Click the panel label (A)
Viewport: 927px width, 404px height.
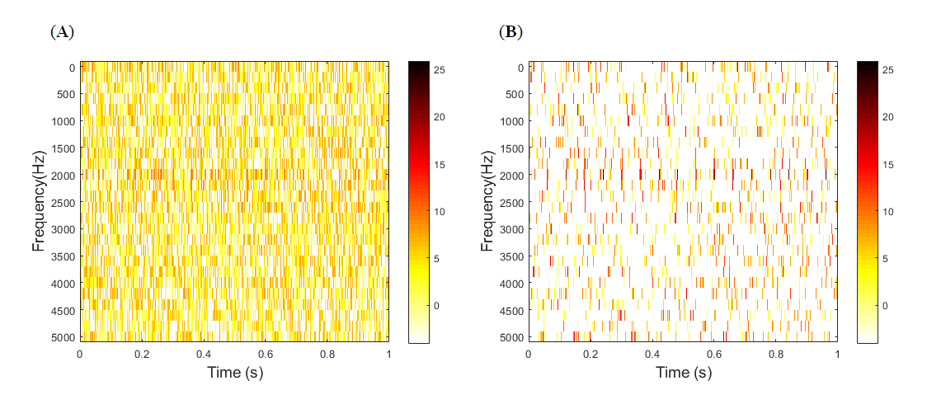pos(62,32)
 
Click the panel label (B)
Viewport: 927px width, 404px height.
pos(511,32)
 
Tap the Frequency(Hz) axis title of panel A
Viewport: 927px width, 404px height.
pos(38,201)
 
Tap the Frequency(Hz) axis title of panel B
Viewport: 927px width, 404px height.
pos(487,201)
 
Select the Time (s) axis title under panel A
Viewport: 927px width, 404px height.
pos(234,373)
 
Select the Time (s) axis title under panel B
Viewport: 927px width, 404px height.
pos(683,373)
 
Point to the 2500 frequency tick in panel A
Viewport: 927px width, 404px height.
pos(63,203)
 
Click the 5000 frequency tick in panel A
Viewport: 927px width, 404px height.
pos(63,337)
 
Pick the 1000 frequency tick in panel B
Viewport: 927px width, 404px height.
pos(511,121)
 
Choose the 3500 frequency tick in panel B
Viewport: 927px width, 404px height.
pos(511,256)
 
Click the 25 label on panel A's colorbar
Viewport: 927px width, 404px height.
pos(440,71)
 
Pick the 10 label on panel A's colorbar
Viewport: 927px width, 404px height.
pos(440,212)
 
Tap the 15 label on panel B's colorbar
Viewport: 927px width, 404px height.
pos(889,165)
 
